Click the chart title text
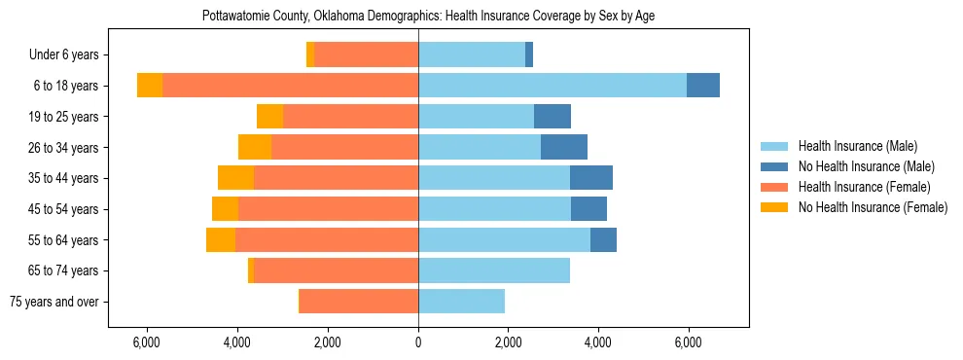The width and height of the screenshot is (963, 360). click(x=428, y=17)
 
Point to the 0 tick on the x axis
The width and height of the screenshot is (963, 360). click(x=418, y=342)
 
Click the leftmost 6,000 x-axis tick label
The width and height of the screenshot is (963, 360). click(x=146, y=342)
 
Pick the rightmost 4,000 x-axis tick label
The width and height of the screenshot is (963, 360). click(x=597, y=342)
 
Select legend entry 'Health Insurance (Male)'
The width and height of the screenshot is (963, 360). click(x=857, y=146)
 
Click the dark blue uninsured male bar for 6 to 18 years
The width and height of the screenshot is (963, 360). click(x=703, y=86)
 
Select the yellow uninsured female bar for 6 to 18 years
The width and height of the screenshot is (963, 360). click(x=150, y=86)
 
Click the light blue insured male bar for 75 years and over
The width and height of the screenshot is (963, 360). click(x=461, y=302)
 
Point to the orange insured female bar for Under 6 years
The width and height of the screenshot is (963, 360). click(x=366, y=54)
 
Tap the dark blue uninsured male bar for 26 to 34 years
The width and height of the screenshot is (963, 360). click(x=564, y=147)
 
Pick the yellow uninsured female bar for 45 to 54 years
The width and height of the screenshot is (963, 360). click(x=225, y=209)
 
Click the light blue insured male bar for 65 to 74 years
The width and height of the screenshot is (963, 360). click(x=494, y=270)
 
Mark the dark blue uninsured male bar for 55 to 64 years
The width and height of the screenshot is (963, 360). click(x=603, y=239)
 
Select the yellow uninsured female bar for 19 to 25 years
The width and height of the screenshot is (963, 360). click(x=269, y=117)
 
